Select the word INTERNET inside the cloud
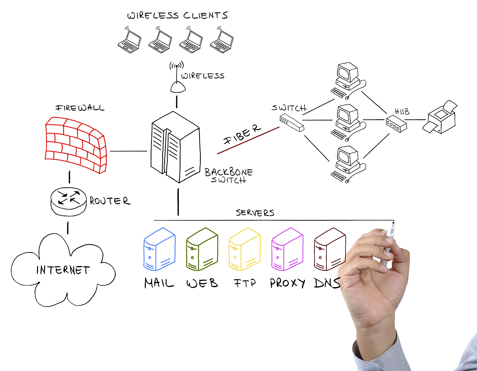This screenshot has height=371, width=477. [x=63, y=270]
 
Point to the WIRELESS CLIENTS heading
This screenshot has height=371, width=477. [x=177, y=16]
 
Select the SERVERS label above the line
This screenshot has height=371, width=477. [x=255, y=213]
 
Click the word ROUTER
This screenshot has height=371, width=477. [x=110, y=201]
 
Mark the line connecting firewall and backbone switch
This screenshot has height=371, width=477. [x=128, y=151]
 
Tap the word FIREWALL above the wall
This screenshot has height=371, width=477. [x=80, y=108]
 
